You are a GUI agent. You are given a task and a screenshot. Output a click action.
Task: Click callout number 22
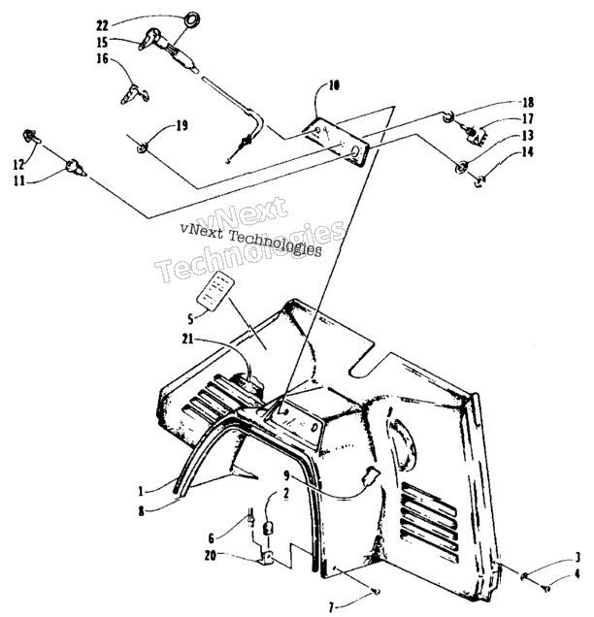pyautogui.click(x=102, y=26)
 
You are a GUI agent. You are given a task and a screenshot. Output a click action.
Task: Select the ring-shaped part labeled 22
pyautogui.click(x=193, y=18)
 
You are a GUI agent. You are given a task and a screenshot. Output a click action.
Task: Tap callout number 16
pyautogui.click(x=102, y=58)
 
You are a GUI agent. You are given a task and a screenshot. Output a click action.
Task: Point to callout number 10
pyautogui.click(x=334, y=85)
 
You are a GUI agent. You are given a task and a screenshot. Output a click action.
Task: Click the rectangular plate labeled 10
pyautogui.click(x=338, y=140)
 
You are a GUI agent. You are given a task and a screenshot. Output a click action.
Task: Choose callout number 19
pyautogui.click(x=181, y=125)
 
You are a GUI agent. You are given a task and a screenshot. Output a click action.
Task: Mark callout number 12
pyautogui.click(x=19, y=165)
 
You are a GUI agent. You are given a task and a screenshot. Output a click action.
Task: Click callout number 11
pyautogui.click(x=18, y=181)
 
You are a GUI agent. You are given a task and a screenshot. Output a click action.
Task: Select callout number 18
pyautogui.click(x=528, y=102)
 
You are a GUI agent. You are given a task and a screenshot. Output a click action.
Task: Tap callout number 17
pyautogui.click(x=528, y=118)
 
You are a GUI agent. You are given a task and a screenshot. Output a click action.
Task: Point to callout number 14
pyautogui.click(x=528, y=152)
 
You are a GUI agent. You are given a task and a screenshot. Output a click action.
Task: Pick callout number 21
pyautogui.click(x=187, y=340)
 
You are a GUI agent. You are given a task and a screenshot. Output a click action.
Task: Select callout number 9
pyautogui.click(x=287, y=476)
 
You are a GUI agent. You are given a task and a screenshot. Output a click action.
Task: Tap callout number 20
pyautogui.click(x=211, y=557)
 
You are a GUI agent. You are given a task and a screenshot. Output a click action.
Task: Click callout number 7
pyautogui.click(x=331, y=608)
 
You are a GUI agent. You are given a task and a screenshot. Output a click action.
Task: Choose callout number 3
pyautogui.click(x=577, y=558)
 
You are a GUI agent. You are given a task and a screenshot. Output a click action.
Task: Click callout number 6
pyautogui.click(x=211, y=538)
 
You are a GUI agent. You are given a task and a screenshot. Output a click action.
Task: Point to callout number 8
pyautogui.click(x=141, y=512)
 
